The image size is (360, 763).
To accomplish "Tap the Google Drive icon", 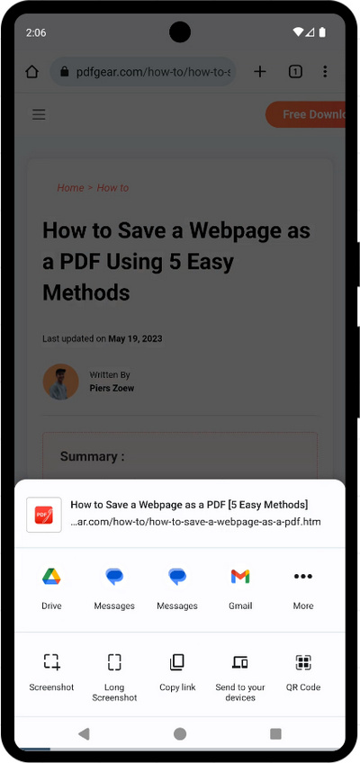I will coord(51,577).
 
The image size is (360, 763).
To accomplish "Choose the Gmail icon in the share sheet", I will coord(240,577).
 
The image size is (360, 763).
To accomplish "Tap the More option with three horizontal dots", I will coord(303,577).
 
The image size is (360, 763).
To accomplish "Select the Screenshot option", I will coord(51,663).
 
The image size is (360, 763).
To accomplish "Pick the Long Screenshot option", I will coord(114,663).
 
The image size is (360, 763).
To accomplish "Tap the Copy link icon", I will coord(177,663).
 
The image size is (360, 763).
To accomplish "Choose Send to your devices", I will coord(240,663).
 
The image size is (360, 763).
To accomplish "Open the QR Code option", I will coord(303,663).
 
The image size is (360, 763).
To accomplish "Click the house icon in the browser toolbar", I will coord(32,72).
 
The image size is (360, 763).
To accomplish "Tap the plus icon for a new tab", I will coord(260,72).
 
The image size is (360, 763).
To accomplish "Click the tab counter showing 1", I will coord(295,72).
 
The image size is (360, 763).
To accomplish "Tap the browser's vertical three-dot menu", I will coord(325,72).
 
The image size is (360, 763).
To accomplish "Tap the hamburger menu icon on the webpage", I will coord(39,114).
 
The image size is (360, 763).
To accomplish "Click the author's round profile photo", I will coord(61,381).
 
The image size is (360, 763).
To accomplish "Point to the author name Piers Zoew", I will coord(112,389).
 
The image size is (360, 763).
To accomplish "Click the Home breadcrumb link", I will coord(70,188).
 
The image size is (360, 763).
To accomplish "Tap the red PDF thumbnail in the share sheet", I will coord(44,515).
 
